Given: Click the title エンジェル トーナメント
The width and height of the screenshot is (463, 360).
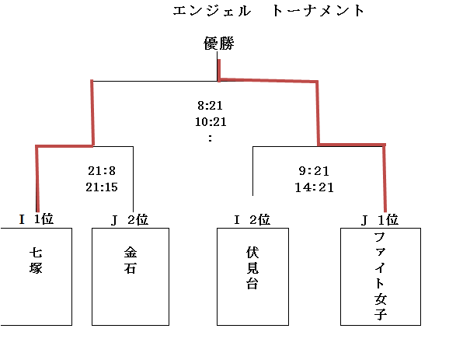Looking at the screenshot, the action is (269, 11).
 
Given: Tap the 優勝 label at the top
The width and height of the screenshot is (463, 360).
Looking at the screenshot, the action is (219, 44).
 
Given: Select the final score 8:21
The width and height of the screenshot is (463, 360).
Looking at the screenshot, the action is (210, 106).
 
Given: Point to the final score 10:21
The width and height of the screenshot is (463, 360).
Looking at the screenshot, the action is (211, 122).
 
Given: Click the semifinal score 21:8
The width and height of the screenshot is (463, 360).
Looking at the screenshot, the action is (102, 171).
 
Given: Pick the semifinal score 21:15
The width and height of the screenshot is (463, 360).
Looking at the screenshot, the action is (102, 187).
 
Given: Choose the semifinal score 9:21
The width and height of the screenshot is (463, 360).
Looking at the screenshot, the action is (314, 171).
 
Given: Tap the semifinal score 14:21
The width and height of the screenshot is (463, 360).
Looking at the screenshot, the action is (314, 187).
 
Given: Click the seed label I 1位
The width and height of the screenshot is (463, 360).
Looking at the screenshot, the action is (37, 219).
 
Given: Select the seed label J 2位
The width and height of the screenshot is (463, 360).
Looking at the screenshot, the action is (129, 220).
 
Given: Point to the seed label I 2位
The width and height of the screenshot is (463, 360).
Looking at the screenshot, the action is (252, 220).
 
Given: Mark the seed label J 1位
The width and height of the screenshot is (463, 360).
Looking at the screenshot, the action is (380, 220).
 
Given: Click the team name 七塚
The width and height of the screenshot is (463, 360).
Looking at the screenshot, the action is (36, 260).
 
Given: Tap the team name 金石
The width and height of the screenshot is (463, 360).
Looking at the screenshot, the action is (131, 260).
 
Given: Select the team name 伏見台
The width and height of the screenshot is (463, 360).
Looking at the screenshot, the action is (252, 268).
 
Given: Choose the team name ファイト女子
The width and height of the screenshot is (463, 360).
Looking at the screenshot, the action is (381, 276).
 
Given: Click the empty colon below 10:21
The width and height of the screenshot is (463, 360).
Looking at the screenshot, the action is (210, 138).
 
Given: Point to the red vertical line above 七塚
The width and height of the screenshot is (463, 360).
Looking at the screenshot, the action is (37, 179).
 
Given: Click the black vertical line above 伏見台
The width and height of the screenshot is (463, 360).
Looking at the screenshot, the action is (252, 171).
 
